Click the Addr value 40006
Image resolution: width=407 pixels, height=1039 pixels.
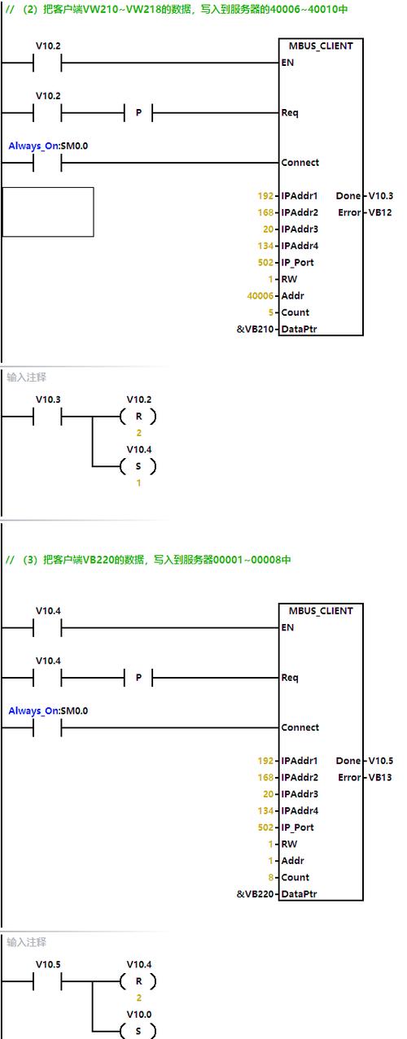pyautogui.click(x=260, y=296)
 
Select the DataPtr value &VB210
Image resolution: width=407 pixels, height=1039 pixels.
pyautogui.click(x=255, y=330)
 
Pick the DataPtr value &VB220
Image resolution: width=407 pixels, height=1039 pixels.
pyautogui.click(x=255, y=894)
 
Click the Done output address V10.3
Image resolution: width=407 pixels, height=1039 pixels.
pyautogui.click(x=380, y=196)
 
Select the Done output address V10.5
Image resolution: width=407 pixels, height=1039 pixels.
pyautogui.click(x=380, y=761)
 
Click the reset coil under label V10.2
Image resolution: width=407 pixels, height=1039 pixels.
pyautogui.click(x=138, y=417)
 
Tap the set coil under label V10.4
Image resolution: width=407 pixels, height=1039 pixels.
pyautogui.click(x=138, y=466)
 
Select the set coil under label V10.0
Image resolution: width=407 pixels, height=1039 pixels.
pyautogui.click(x=138, y=1031)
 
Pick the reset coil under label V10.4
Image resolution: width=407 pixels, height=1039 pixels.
pyautogui.click(x=138, y=981)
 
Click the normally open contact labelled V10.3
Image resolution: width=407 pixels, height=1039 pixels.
pyautogui.click(x=47, y=417)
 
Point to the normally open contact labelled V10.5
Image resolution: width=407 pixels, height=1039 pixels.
pyautogui.click(x=47, y=981)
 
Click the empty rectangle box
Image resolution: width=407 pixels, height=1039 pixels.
pyautogui.click(x=48, y=212)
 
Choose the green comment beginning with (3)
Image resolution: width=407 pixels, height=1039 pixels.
pyautogui.click(x=147, y=560)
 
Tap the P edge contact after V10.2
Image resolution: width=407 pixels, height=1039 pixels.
pyautogui.click(x=138, y=112)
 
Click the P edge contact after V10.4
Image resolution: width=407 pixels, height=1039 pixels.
pyautogui.click(x=138, y=677)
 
